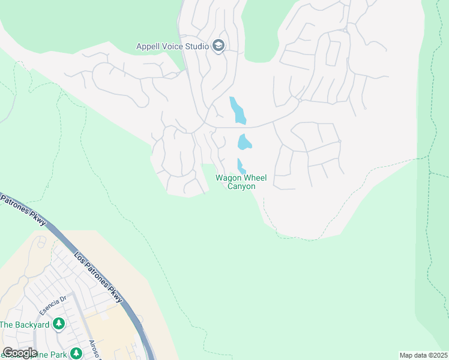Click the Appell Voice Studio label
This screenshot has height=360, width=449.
(x=172, y=46)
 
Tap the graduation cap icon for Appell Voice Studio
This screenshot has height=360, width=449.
(x=218, y=46)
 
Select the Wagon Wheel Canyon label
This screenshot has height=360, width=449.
(x=241, y=182)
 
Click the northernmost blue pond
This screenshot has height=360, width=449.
(x=238, y=110)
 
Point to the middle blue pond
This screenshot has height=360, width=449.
(x=244, y=142)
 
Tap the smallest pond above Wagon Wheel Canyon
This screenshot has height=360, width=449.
(x=241, y=166)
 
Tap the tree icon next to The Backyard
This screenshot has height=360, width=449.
(x=59, y=325)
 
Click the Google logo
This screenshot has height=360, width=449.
(x=19, y=353)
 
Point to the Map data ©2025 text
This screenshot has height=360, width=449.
(x=423, y=355)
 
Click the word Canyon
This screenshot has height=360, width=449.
(x=241, y=187)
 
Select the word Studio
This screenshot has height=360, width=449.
(x=196, y=46)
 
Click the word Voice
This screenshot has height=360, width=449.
(x=172, y=46)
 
